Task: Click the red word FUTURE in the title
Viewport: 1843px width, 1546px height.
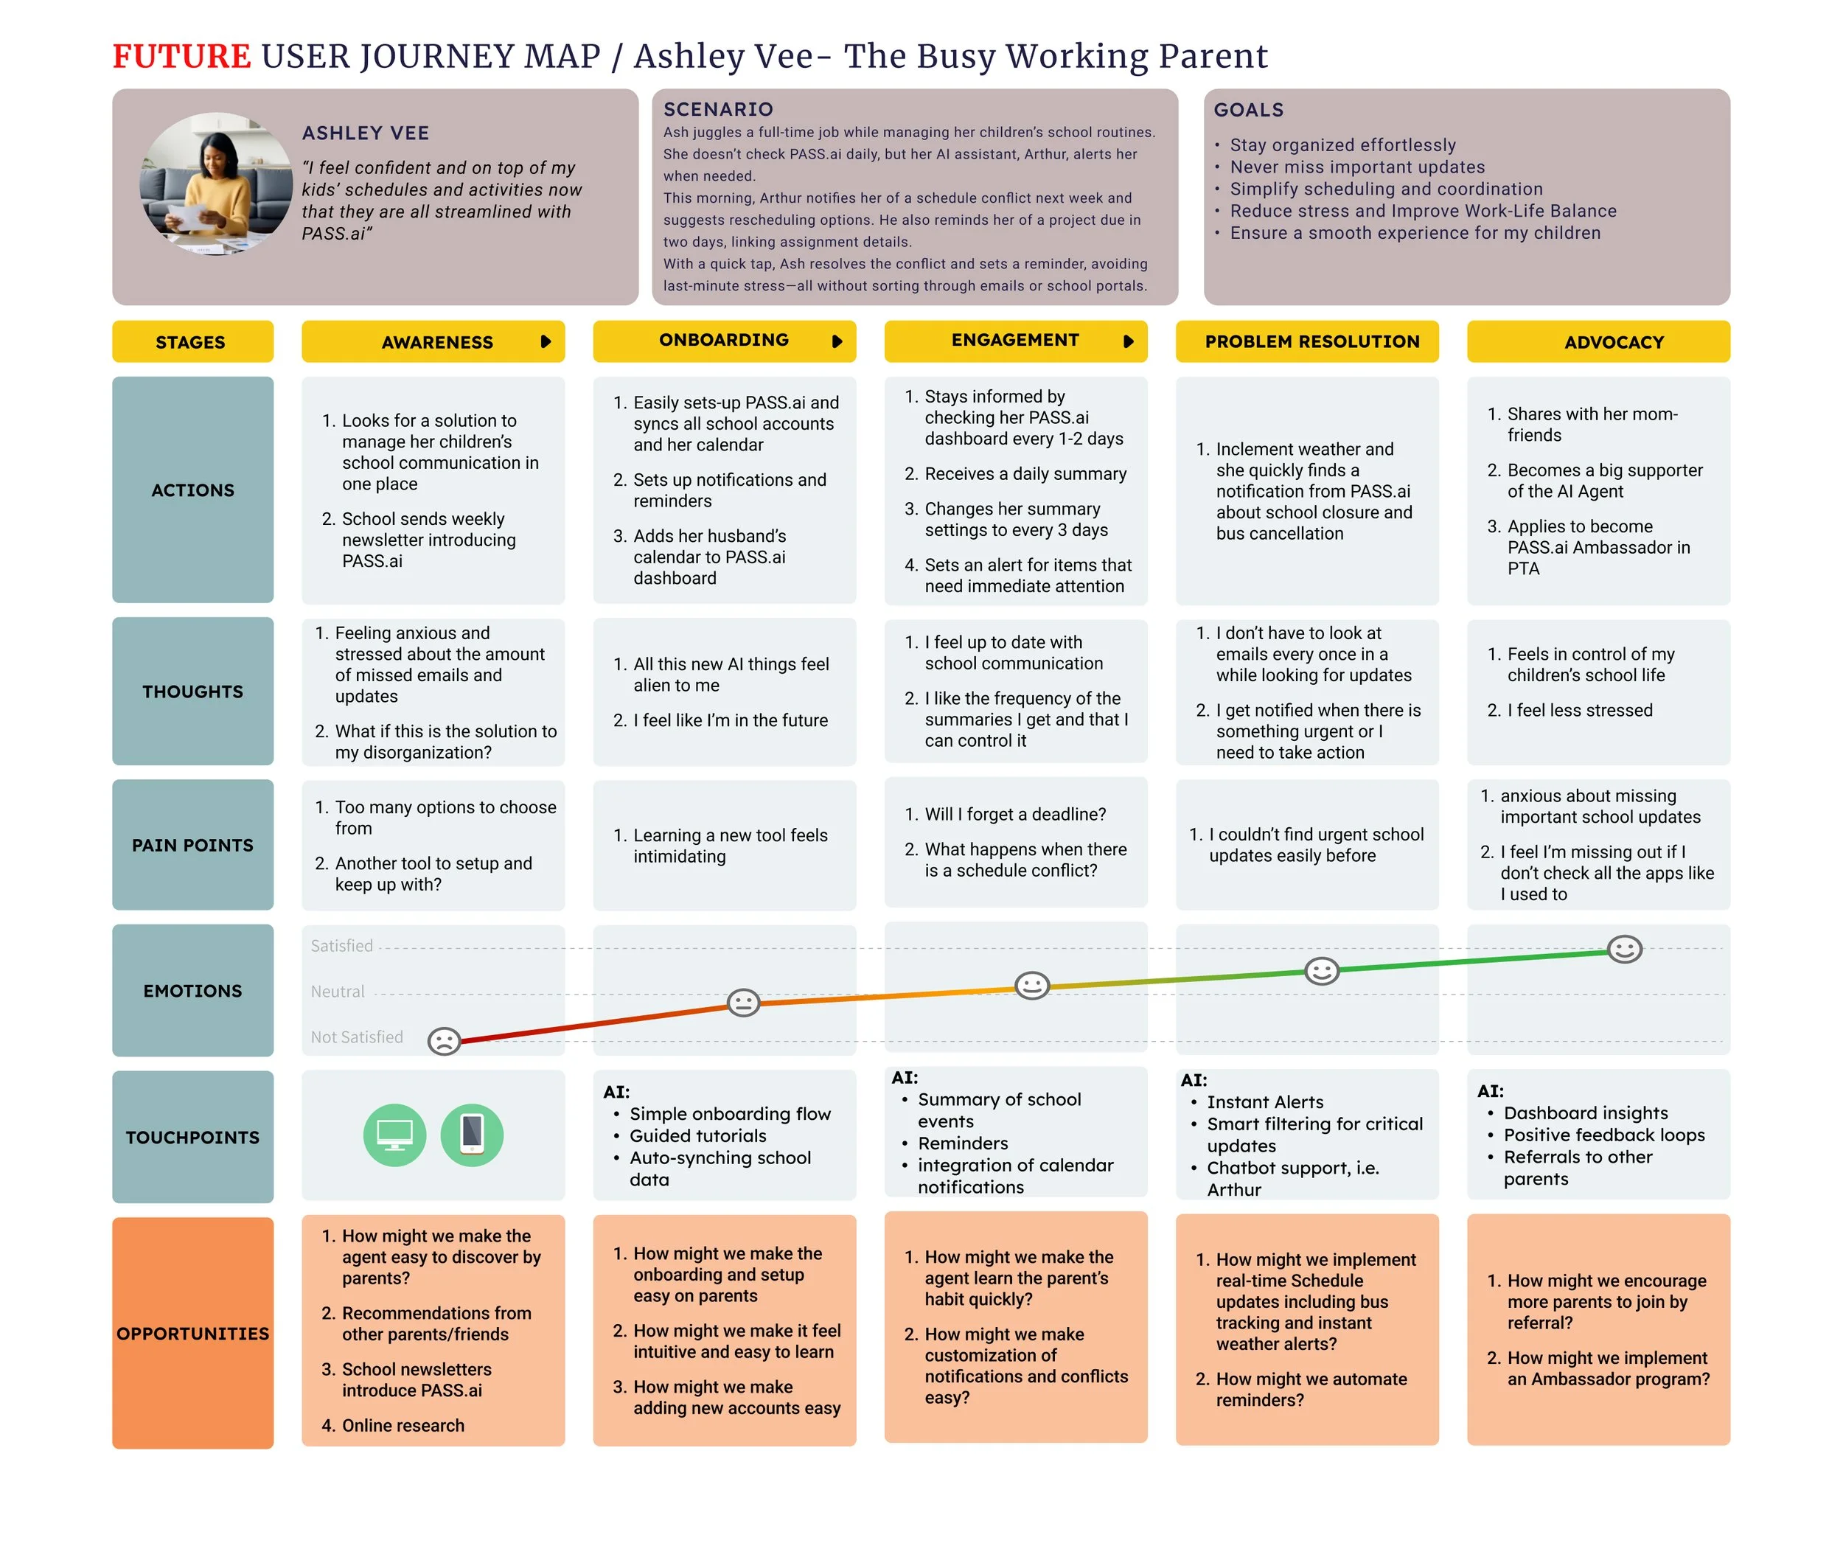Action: point(181,56)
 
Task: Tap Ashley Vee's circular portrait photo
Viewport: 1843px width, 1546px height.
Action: point(216,184)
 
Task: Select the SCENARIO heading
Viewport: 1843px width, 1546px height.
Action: point(718,109)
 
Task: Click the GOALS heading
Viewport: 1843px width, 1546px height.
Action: point(1248,110)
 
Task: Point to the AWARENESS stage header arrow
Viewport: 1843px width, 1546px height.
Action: point(546,341)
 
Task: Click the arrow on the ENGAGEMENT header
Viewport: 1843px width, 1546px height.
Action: point(1129,341)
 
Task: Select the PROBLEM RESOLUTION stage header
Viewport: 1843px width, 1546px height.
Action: point(1311,341)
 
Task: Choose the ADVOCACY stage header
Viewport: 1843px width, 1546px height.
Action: point(1613,342)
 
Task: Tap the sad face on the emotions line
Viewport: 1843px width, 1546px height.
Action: point(444,1041)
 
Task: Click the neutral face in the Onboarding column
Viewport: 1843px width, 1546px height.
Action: point(743,1002)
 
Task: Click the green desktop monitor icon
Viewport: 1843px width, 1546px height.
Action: point(395,1135)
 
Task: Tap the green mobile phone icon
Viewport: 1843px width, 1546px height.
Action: point(472,1135)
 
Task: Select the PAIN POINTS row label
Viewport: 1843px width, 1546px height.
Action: point(193,845)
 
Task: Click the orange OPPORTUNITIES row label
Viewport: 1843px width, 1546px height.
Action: point(193,1333)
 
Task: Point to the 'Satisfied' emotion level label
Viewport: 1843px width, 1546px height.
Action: point(341,945)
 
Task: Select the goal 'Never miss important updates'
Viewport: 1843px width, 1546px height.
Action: point(1356,167)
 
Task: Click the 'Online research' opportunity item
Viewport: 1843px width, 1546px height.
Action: point(403,1425)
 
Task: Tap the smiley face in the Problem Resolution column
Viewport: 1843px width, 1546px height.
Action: point(1321,970)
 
